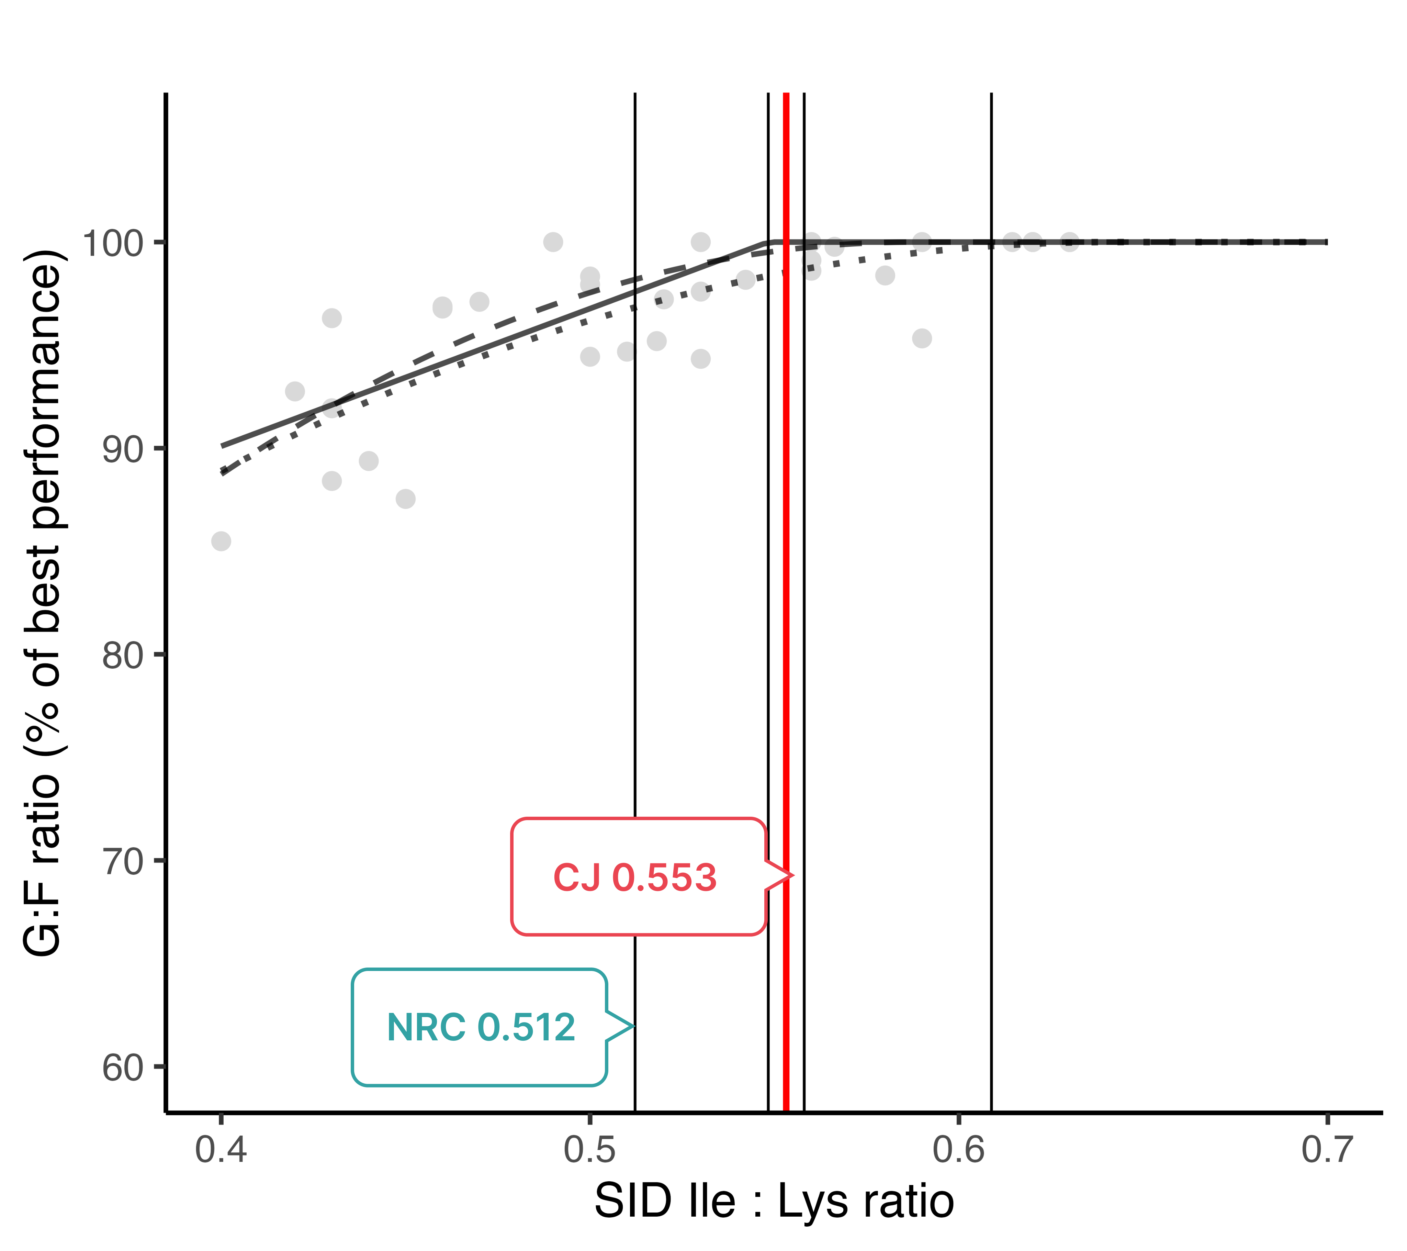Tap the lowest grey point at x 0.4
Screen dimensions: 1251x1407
coord(221,541)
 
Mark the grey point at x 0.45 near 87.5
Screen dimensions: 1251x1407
coord(405,499)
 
